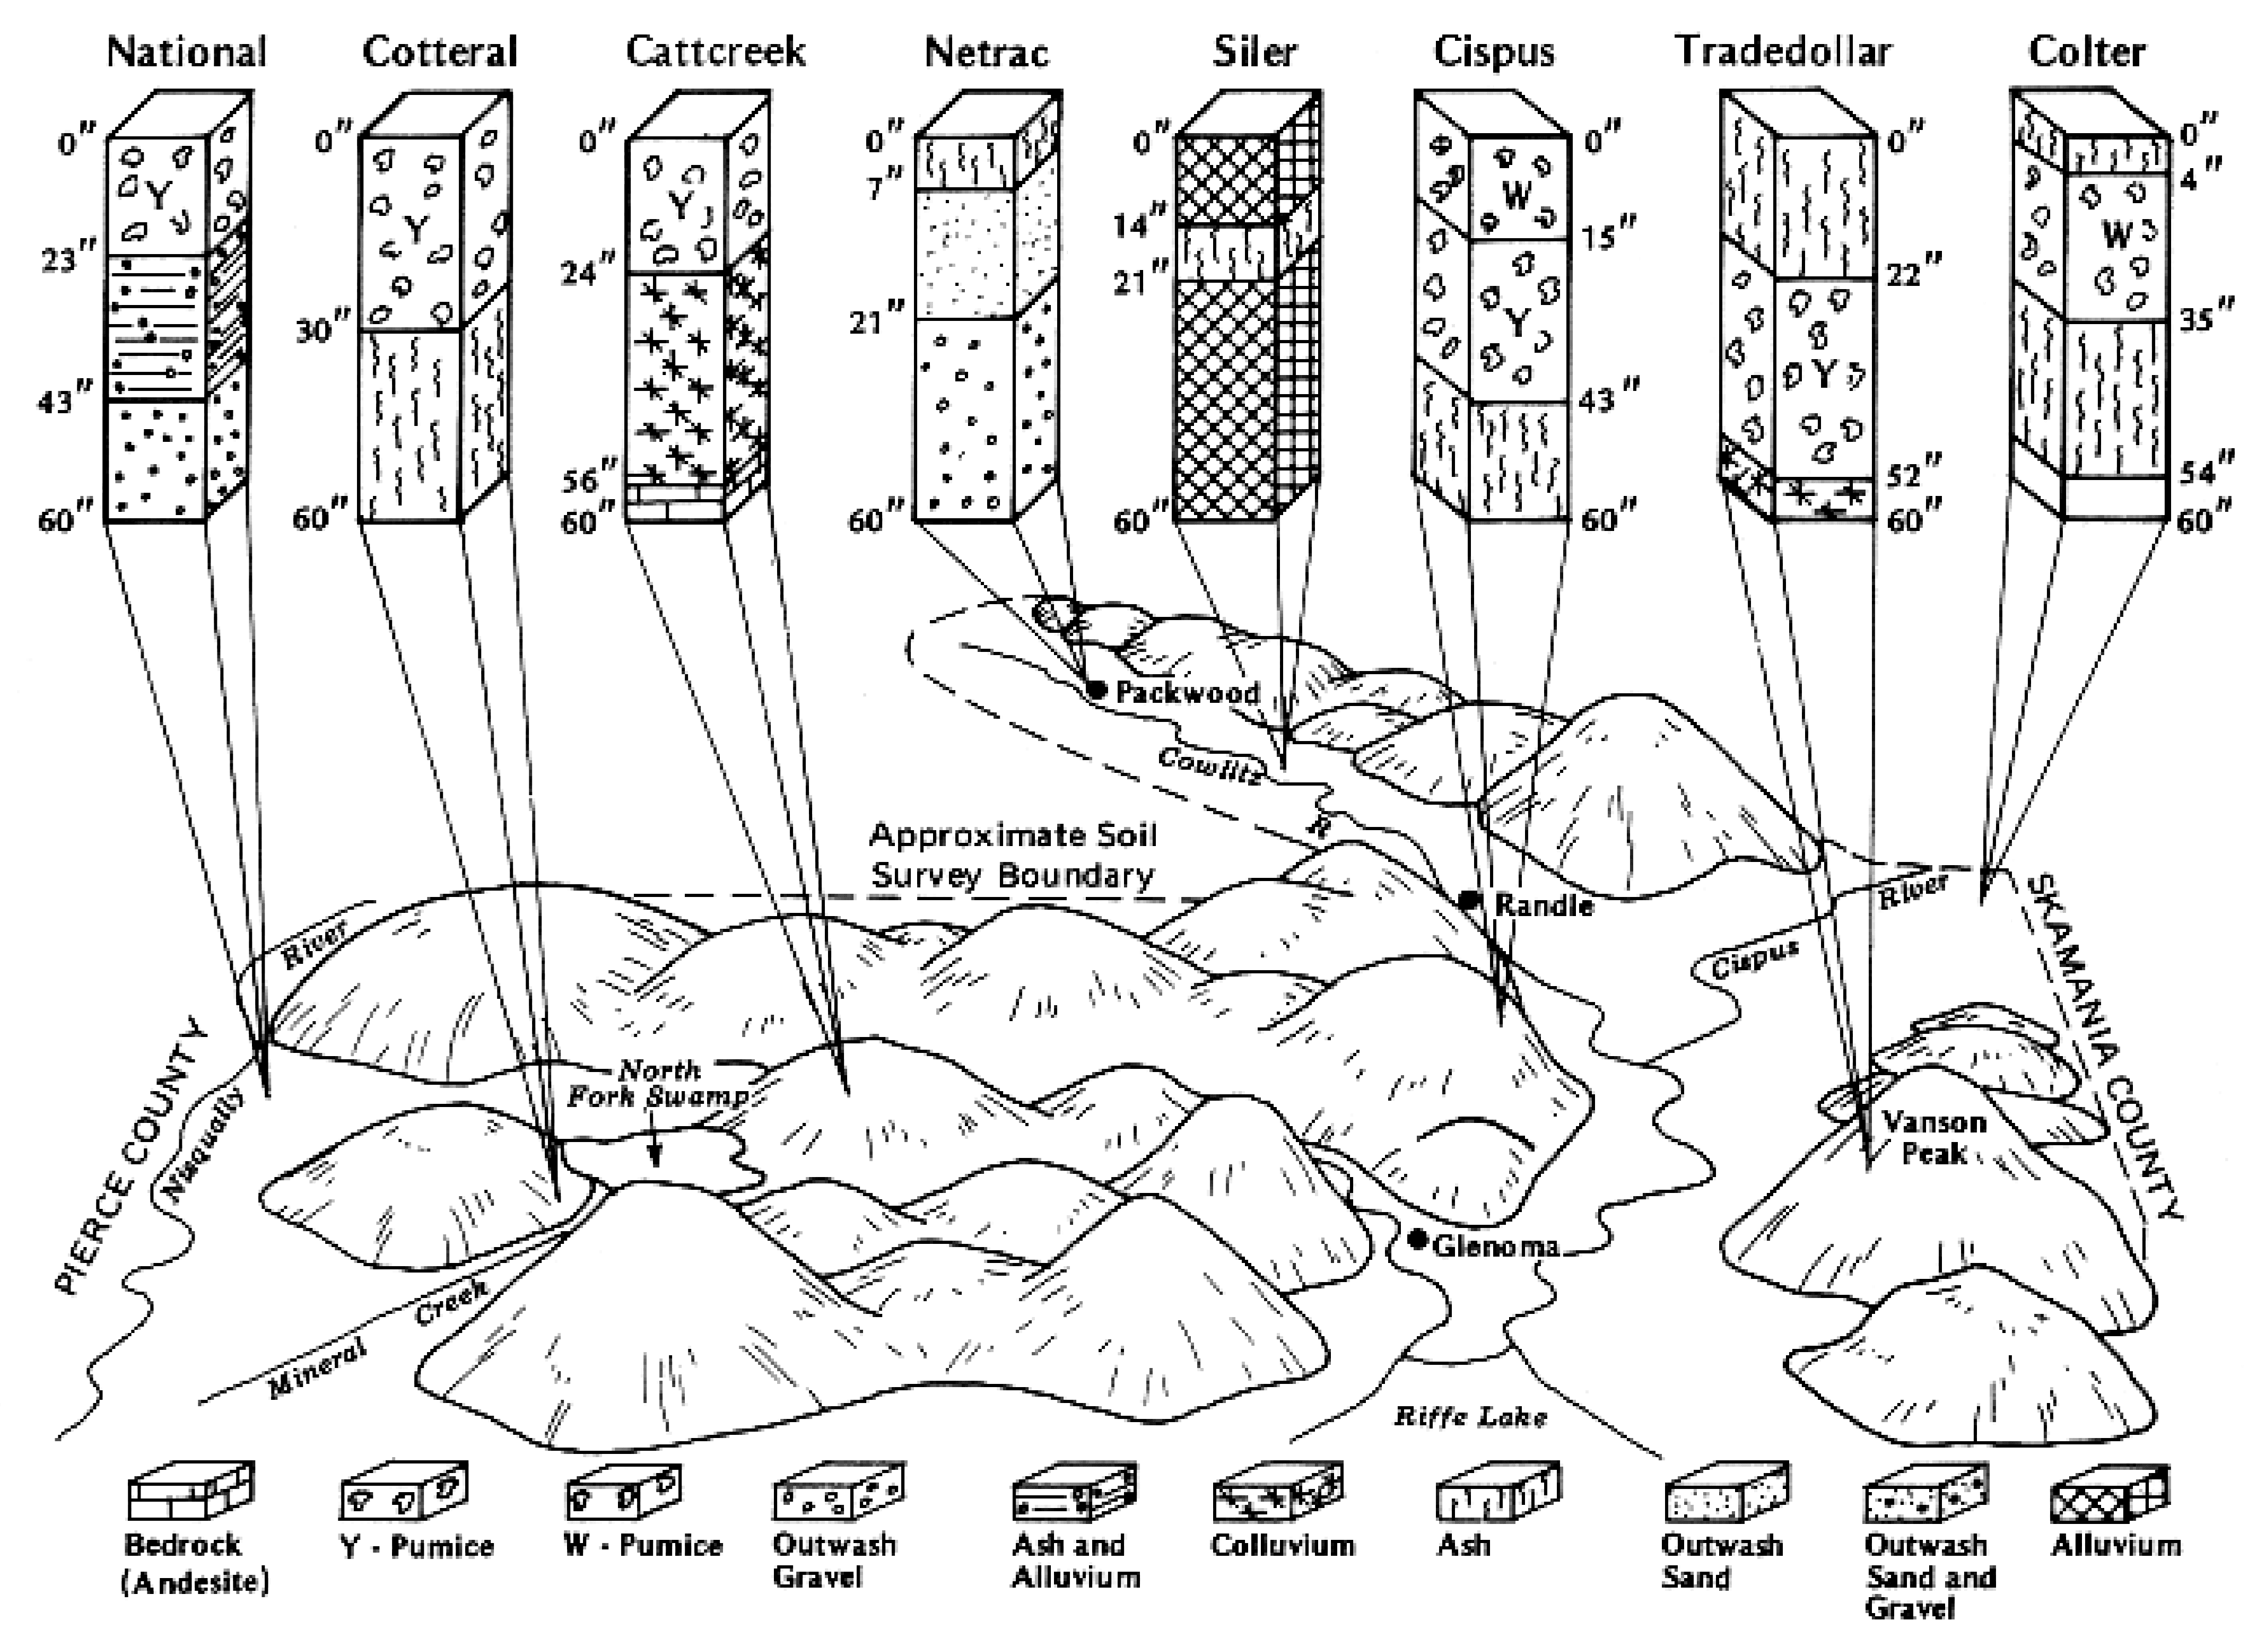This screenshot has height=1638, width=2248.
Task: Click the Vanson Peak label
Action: coord(1933,1138)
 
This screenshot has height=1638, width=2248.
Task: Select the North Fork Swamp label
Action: coord(657,1084)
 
